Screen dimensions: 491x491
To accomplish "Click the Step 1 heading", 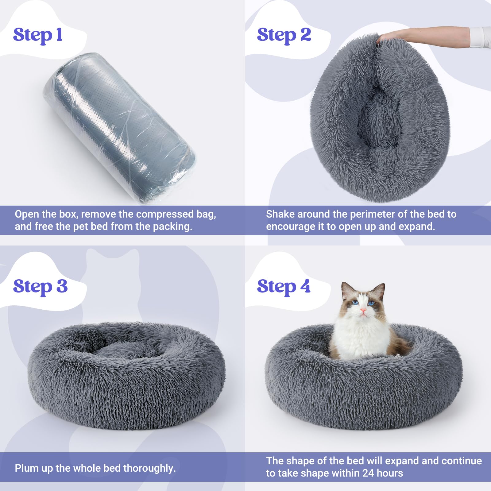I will pos(38,35).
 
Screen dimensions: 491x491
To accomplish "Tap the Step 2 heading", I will pos(284,35).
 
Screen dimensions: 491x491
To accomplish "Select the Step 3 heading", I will pos(40,287).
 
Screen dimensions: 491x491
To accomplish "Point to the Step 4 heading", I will pos(284,287).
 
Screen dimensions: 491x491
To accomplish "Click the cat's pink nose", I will pos(363,310).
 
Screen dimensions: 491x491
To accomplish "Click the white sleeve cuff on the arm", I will pos(480,37).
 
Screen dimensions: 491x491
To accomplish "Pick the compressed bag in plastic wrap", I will pos(120,129).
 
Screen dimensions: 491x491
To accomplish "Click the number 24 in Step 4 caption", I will pos(368,473).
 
